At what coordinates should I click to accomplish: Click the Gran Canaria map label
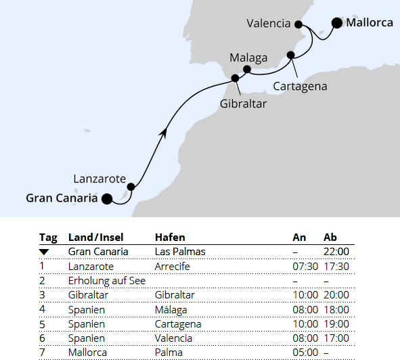pos(62,198)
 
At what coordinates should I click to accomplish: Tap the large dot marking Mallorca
pos(337,23)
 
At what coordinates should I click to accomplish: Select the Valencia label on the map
pos(269,24)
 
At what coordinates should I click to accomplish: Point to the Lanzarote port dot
pos(131,187)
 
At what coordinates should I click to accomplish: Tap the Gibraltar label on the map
pos(244,104)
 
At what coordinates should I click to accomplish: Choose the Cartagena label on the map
pos(301,86)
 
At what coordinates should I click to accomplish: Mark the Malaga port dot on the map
pos(247,69)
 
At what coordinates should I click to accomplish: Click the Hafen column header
pos(170,238)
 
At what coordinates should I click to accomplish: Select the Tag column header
pos(48,238)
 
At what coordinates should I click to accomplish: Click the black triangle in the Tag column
pos(45,252)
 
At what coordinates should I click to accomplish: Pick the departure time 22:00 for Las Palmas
pos(336,252)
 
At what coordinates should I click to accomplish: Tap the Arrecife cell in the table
pos(173,267)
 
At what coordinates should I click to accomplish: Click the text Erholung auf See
pos(107,281)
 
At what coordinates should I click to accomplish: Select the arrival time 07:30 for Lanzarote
pos(304,267)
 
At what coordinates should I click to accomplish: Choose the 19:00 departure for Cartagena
pos(336,323)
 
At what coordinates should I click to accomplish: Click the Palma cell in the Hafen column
pos(169,352)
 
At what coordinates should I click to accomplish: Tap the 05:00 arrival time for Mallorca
pos(304,352)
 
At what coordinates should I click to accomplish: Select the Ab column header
pos(330,238)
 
